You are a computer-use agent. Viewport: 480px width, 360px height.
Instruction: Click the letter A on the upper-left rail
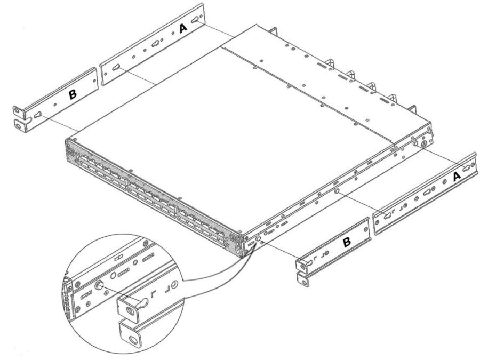click(x=183, y=28)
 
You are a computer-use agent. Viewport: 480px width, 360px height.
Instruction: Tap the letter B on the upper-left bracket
click(x=73, y=94)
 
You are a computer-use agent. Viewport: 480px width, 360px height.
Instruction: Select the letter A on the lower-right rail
click(x=456, y=177)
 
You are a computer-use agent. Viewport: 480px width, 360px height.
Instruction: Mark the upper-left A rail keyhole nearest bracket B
click(x=116, y=68)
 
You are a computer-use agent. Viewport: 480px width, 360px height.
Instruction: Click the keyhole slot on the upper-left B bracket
click(x=38, y=115)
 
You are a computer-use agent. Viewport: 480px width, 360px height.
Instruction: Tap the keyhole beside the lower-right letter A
click(x=467, y=168)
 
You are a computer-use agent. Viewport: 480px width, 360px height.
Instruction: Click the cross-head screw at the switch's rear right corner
click(x=425, y=144)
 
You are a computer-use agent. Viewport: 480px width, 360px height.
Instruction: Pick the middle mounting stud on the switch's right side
click(x=337, y=191)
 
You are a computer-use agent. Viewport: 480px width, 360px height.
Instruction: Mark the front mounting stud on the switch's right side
click(x=258, y=238)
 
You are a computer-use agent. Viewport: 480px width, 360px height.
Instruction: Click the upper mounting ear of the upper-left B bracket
click(x=19, y=112)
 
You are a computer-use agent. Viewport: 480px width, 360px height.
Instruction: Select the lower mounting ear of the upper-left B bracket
click(x=20, y=126)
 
